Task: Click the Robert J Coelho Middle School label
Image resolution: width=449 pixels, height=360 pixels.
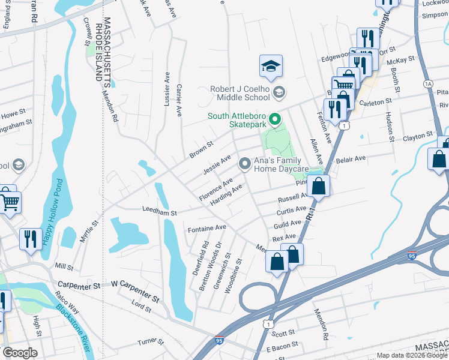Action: pos(240,93)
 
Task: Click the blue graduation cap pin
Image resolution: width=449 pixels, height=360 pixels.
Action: pos(271,67)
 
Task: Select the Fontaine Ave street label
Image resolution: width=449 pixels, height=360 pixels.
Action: pos(206,228)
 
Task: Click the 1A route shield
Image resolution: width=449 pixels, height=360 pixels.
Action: pos(428,83)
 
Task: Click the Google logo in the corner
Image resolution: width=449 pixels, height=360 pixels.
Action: pos(20,353)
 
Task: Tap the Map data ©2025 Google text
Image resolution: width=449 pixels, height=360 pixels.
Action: pos(412,355)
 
